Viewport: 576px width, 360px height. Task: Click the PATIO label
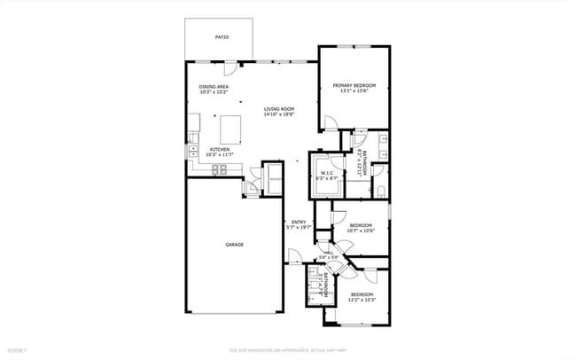pos(222,37)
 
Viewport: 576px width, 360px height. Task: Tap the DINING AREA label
pos(214,86)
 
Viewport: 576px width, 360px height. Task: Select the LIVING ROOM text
pos(278,109)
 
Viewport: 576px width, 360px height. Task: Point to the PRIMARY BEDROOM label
pos(354,85)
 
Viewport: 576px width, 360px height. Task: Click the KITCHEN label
pos(220,150)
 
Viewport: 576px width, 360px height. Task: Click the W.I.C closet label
pos(326,173)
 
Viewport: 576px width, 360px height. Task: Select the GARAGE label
pos(234,245)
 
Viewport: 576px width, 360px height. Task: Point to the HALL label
pos(329,254)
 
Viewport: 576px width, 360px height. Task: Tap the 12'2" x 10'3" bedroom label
pos(362,296)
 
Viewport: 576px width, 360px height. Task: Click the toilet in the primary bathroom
pos(379,192)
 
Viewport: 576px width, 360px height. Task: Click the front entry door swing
pos(293,257)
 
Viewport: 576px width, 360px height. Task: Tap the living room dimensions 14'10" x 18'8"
pos(278,114)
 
